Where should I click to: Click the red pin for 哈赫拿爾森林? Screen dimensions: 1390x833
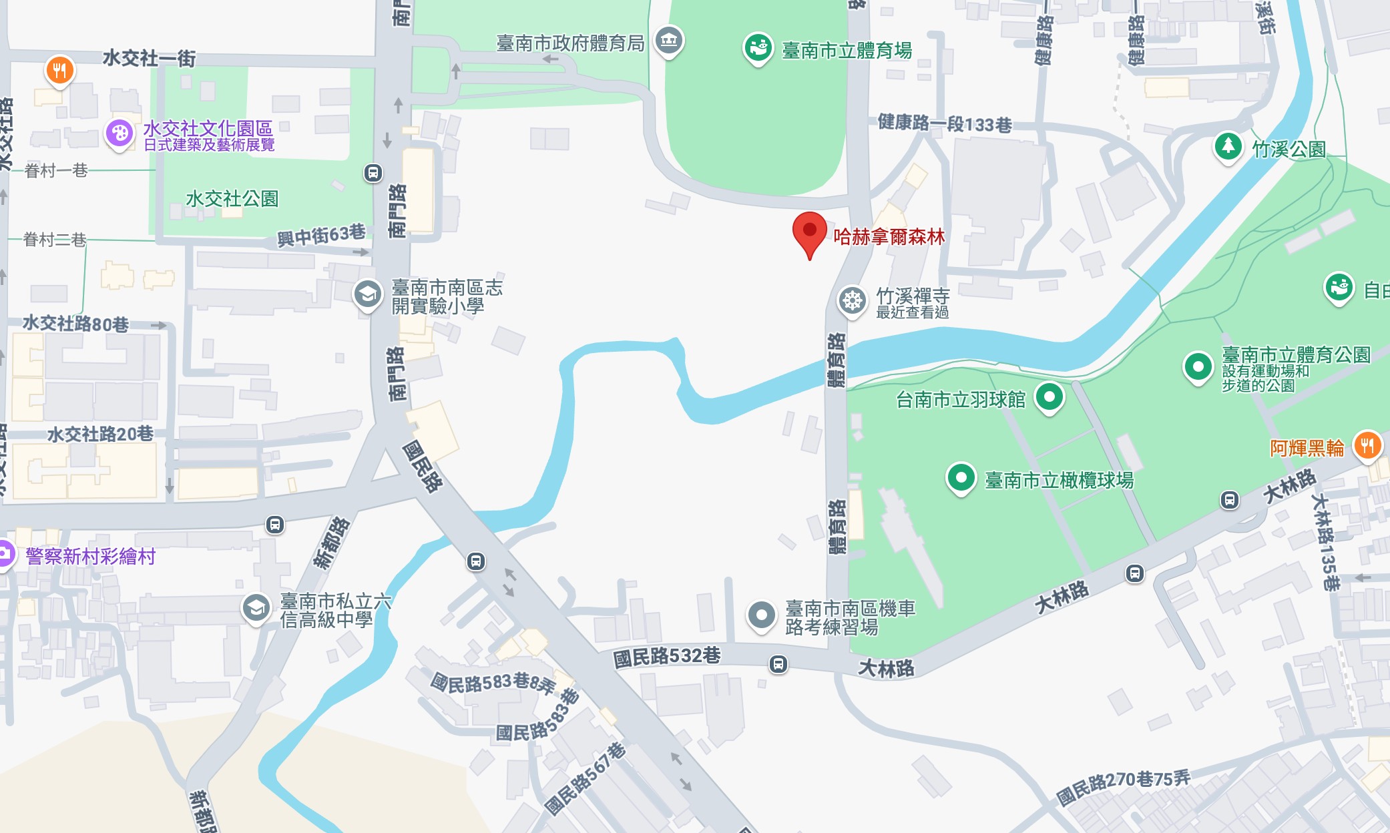pos(809,231)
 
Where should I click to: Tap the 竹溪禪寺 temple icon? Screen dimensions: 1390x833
pos(852,300)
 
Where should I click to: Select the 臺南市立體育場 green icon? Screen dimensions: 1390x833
pos(758,48)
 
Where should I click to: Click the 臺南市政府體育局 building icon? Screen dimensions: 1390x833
pos(668,40)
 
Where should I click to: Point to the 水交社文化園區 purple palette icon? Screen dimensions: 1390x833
pos(120,133)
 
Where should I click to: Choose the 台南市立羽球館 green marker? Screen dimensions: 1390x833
pos(1049,396)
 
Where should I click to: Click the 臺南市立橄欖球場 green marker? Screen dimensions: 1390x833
pos(961,478)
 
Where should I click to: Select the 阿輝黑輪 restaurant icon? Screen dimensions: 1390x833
pos(1367,445)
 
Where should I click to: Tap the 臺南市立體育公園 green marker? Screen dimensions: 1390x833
pos(1198,366)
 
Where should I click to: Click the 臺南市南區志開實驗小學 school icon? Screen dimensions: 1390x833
pos(367,294)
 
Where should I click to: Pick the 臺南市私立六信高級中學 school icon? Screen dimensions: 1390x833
pos(256,608)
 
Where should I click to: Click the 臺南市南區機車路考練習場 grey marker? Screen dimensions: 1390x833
pos(761,615)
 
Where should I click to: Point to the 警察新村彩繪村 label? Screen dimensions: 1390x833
pos(91,556)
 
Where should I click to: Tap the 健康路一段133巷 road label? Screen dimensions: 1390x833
pos(944,123)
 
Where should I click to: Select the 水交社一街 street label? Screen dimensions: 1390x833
pos(149,59)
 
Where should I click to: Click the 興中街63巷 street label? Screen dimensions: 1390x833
pos(321,235)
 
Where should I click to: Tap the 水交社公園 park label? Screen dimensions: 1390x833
pos(232,198)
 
